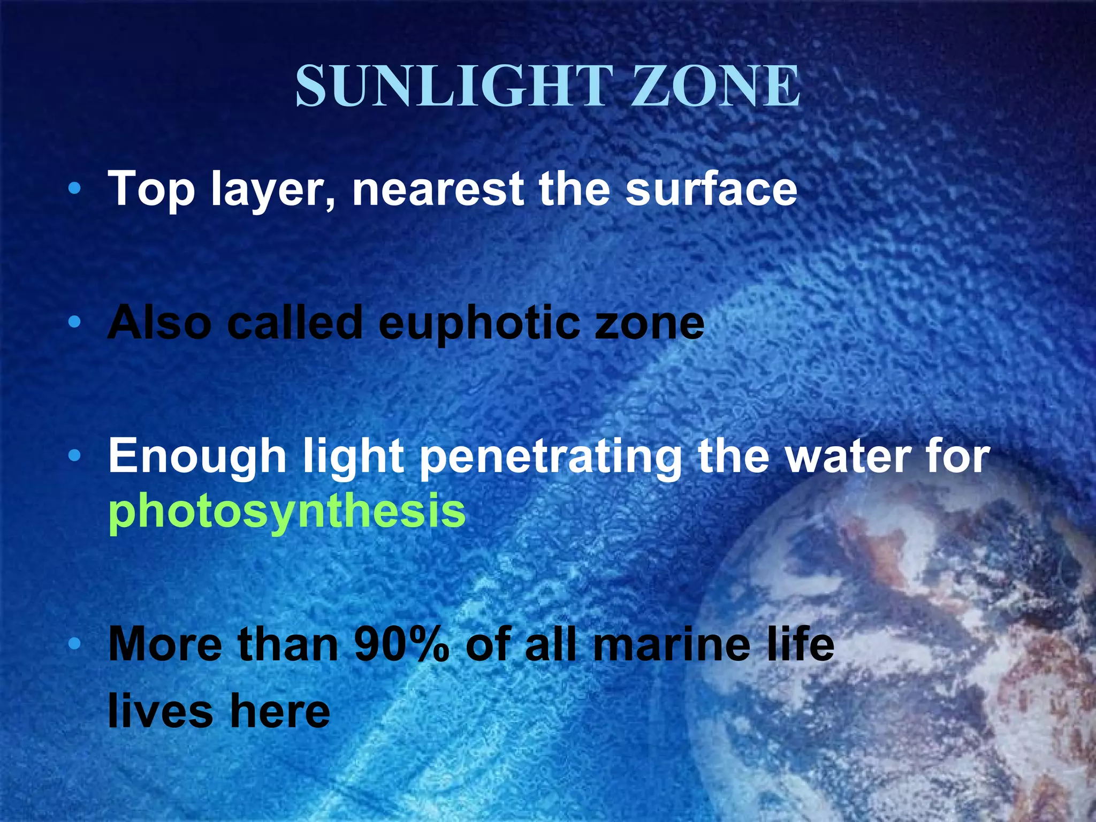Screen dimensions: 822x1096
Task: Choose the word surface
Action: [x=711, y=188]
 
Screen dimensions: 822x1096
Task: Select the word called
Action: [x=295, y=322]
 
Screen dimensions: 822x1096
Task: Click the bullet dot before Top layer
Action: [x=75, y=188]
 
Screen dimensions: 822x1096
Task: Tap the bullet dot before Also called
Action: [x=75, y=322]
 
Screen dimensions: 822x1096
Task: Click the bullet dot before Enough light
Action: [x=75, y=456]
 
